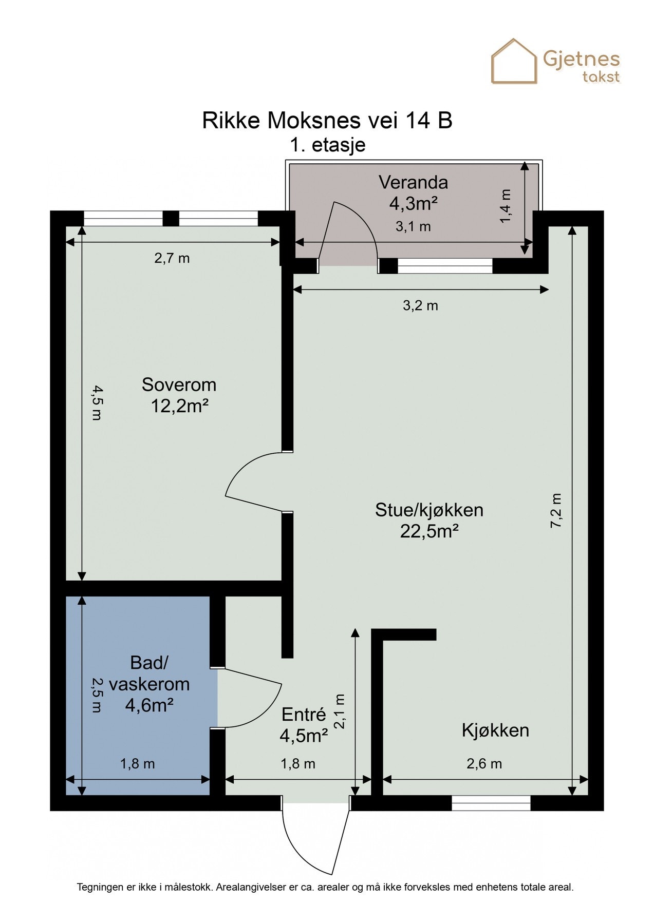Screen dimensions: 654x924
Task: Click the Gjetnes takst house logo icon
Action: pos(514,61)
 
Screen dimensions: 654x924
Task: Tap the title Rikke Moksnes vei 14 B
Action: pos(327,121)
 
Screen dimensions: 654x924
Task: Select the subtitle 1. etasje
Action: pos(328,145)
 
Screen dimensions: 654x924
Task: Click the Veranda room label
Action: pos(413,182)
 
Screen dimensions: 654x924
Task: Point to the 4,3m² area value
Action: pos(413,204)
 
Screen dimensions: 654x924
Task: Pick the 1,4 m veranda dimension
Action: pos(506,206)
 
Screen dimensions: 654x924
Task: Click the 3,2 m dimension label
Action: pos(420,306)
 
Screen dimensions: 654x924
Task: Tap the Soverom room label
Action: pos(179,384)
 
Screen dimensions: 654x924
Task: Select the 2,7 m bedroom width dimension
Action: pos(172,258)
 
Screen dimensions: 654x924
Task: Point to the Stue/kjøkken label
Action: pos(429,510)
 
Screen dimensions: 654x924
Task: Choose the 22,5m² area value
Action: pos(429,531)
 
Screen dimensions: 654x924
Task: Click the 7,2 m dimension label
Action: pos(557,511)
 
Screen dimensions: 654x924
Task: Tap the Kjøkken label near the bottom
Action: pos(495,730)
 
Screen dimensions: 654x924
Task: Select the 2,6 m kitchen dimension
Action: pos(484,764)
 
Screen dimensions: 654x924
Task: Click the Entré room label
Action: pos(304,714)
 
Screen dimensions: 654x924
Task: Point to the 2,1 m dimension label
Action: pos(340,711)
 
